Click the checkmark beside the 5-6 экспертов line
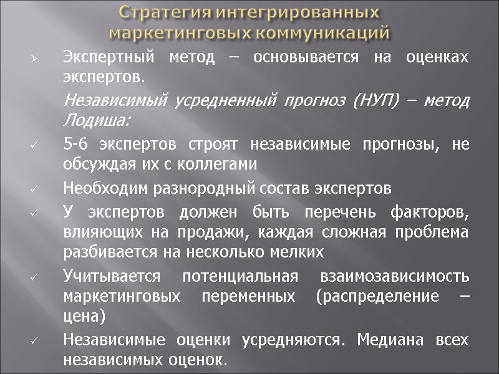pos(36,145)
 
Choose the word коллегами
pos(215,165)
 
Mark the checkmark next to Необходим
pos(36,189)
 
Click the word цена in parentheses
pos(85,317)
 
